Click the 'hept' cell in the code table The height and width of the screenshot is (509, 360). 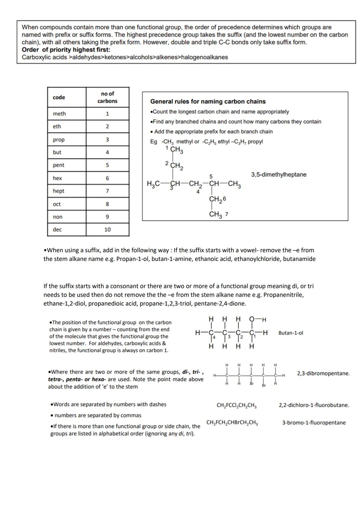[x=58, y=191]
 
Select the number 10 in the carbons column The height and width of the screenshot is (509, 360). [x=107, y=230]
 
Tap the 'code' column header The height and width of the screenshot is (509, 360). [x=59, y=97]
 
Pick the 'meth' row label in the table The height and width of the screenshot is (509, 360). [x=59, y=114]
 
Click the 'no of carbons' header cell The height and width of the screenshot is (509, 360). [x=107, y=97]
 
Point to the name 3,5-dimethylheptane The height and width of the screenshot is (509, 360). [x=278, y=175]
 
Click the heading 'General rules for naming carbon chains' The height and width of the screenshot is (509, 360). [x=208, y=101]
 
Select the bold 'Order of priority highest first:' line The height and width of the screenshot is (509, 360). [x=66, y=50]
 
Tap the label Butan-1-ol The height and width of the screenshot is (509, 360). [x=291, y=333]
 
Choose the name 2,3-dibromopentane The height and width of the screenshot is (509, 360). [x=323, y=373]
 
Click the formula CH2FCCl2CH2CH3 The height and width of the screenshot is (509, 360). [x=236, y=406]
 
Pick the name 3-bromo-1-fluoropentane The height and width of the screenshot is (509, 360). [x=314, y=423]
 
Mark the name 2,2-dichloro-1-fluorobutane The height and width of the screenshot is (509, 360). [x=314, y=405]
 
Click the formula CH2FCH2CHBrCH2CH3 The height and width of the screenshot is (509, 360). [x=232, y=423]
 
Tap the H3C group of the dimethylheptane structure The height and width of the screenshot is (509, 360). [x=153, y=184]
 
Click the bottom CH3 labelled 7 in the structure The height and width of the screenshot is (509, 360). [x=218, y=214]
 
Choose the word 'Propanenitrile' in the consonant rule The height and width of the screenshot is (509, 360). [x=283, y=295]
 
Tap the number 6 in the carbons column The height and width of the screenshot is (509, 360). [x=107, y=178]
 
